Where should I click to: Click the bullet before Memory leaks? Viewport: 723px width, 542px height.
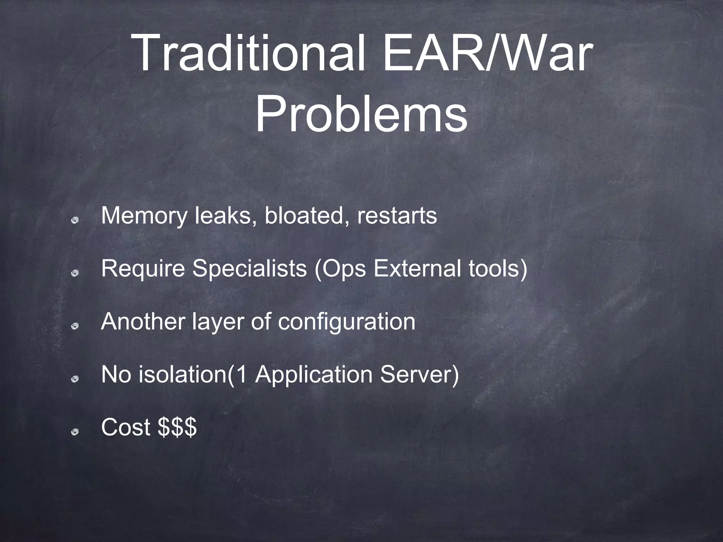coord(74,221)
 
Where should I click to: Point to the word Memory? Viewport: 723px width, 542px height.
coord(144,216)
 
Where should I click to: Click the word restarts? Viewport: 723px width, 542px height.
coord(397,216)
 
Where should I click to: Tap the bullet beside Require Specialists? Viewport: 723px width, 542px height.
coord(74,273)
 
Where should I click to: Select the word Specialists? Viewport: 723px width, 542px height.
coord(249,269)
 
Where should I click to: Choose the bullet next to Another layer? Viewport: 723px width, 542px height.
coord(74,326)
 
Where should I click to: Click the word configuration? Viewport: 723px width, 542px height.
coord(346,322)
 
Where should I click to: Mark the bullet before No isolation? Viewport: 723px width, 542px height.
coord(74,379)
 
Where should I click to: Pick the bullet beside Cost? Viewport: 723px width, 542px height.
coord(74,432)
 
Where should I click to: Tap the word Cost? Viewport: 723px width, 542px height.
coord(126,427)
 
